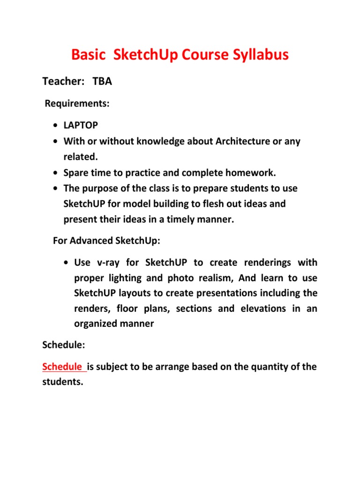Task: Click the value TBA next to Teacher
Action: pos(102,82)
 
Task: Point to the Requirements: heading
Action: pos(77,104)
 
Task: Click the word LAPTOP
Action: pos(81,126)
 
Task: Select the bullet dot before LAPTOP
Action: pos(56,126)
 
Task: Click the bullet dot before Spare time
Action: pos(56,173)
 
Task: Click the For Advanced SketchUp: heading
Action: pos(107,241)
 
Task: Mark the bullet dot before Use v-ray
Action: pos(67,262)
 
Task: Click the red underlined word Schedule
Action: pos(63,367)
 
